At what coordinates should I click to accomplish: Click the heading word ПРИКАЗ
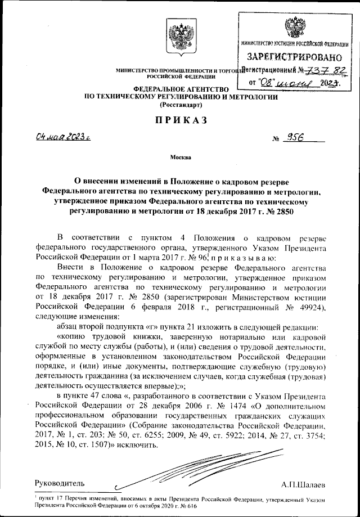coord(181,120)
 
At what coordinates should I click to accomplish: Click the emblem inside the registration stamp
coord(294,26)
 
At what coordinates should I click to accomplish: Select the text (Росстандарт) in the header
coord(180,105)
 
